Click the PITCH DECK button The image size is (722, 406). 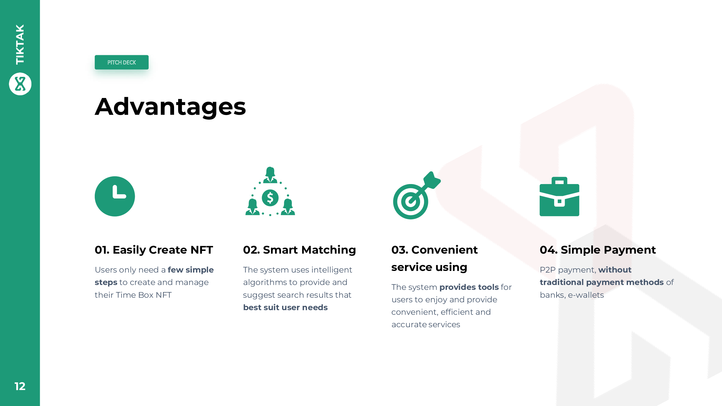coord(121,62)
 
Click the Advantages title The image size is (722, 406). coord(170,107)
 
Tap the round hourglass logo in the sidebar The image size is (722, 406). coord(20,84)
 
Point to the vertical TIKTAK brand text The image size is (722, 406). coord(20,44)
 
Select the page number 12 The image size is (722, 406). coord(20,386)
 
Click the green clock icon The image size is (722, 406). coord(115,196)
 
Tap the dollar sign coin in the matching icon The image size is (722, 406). coord(270,198)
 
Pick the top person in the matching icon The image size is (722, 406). coord(270,175)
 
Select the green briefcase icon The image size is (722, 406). coord(560,197)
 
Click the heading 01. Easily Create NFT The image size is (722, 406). coord(154,250)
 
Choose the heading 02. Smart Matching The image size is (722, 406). coord(299,250)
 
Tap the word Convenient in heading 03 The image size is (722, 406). coord(445,250)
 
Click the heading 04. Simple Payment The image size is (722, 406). coord(598,250)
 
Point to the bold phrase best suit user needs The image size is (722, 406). coord(285,307)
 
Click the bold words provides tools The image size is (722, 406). coord(469,287)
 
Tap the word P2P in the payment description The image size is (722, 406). coord(548,270)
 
